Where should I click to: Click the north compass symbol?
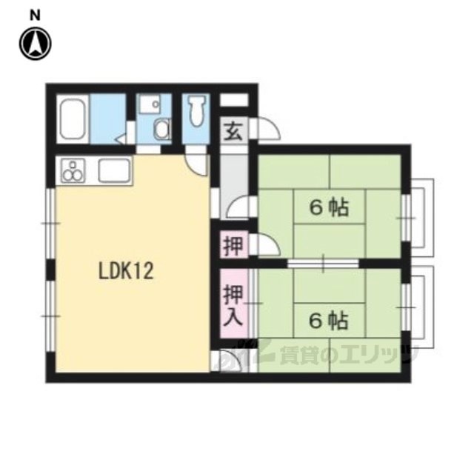[x=35, y=44]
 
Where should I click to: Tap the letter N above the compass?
[x=35, y=16]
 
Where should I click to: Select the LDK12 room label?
[x=126, y=271]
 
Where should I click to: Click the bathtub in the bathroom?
[x=73, y=118]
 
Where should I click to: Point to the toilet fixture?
[x=196, y=110]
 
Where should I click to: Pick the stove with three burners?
[x=73, y=171]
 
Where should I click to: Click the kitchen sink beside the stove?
[x=113, y=171]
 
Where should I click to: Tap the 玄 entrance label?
[x=233, y=132]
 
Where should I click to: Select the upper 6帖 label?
[x=329, y=208]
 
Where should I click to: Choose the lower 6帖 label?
[x=329, y=321]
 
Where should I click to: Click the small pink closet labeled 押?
[x=234, y=245]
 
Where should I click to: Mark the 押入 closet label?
[x=233, y=306]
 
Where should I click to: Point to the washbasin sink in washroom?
[x=151, y=104]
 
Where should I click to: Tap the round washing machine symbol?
[x=162, y=130]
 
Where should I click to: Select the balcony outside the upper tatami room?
[x=421, y=213]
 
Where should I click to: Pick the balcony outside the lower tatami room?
[x=421, y=307]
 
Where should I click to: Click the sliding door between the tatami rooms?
[x=323, y=264]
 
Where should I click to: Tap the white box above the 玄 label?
[x=234, y=100]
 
